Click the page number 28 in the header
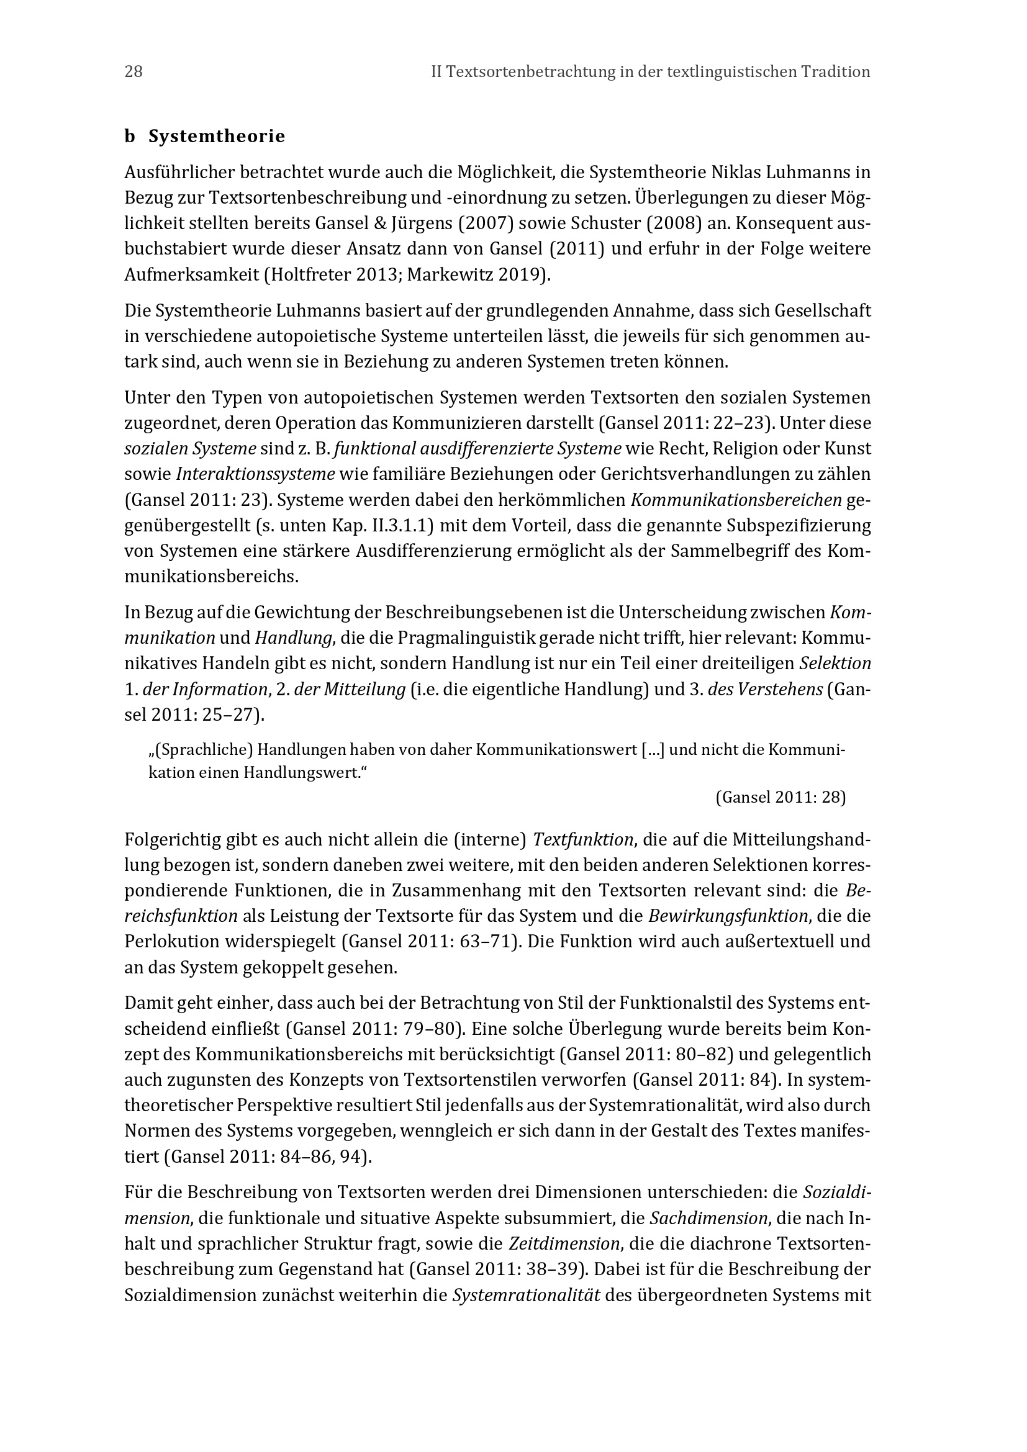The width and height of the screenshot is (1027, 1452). [x=133, y=72]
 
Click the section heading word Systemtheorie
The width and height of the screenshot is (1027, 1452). [x=217, y=137]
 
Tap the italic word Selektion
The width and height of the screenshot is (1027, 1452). [x=835, y=664]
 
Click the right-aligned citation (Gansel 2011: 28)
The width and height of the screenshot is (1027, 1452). [x=780, y=798]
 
